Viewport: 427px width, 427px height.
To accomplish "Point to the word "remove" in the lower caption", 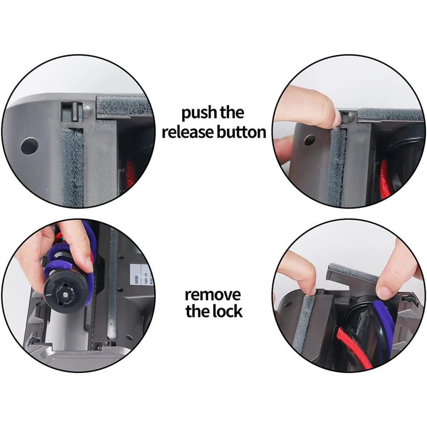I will (213, 294).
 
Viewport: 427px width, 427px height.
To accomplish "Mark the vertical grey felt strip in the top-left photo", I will (73, 167).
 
